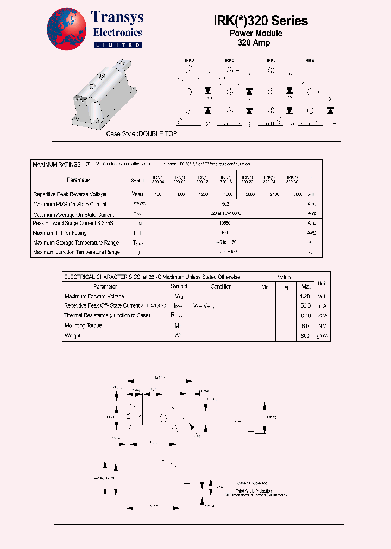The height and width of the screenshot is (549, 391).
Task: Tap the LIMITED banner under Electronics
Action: click(117, 46)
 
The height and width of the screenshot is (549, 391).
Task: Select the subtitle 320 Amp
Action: click(254, 42)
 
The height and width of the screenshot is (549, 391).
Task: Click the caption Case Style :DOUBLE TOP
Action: click(141, 133)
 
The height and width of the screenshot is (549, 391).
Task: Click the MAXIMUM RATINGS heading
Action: click(56, 164)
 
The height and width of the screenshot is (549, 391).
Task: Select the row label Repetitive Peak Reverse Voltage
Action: click(70, 194)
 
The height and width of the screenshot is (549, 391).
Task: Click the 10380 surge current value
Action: click(224, 222)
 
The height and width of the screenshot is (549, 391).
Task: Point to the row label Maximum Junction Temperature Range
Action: click(76, 252)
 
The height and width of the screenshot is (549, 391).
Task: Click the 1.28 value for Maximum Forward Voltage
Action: click(306, 297)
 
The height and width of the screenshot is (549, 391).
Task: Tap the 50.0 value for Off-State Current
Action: click(306, 306)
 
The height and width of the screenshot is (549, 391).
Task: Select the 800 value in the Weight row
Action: click(305, 336)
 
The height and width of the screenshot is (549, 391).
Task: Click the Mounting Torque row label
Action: click(83, 325)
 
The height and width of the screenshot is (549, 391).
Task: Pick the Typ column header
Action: click(286, 286)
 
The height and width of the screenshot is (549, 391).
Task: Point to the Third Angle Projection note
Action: click(254, 491)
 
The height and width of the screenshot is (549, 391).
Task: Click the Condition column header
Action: click(221, 286)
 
